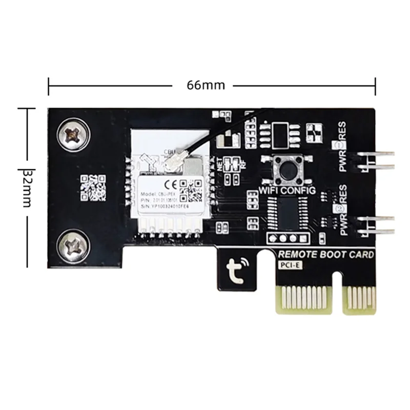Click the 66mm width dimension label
pos(206,85)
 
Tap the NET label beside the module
pos(219,165)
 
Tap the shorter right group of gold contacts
pos(359,299)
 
